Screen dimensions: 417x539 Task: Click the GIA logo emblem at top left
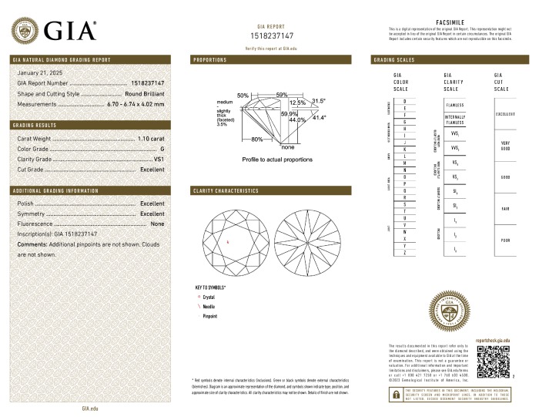click(27, 31)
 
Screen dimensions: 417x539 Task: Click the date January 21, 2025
click(38, 72)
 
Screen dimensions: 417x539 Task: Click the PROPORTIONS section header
click(209, 59)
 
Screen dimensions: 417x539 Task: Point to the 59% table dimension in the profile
click(282, 95)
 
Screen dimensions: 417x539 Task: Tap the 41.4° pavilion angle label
click(318, 117)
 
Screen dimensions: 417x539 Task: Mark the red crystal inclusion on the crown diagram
click(228, 243)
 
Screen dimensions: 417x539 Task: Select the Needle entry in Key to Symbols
click(208, 306)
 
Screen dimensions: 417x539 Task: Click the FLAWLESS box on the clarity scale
click(454, 104)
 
